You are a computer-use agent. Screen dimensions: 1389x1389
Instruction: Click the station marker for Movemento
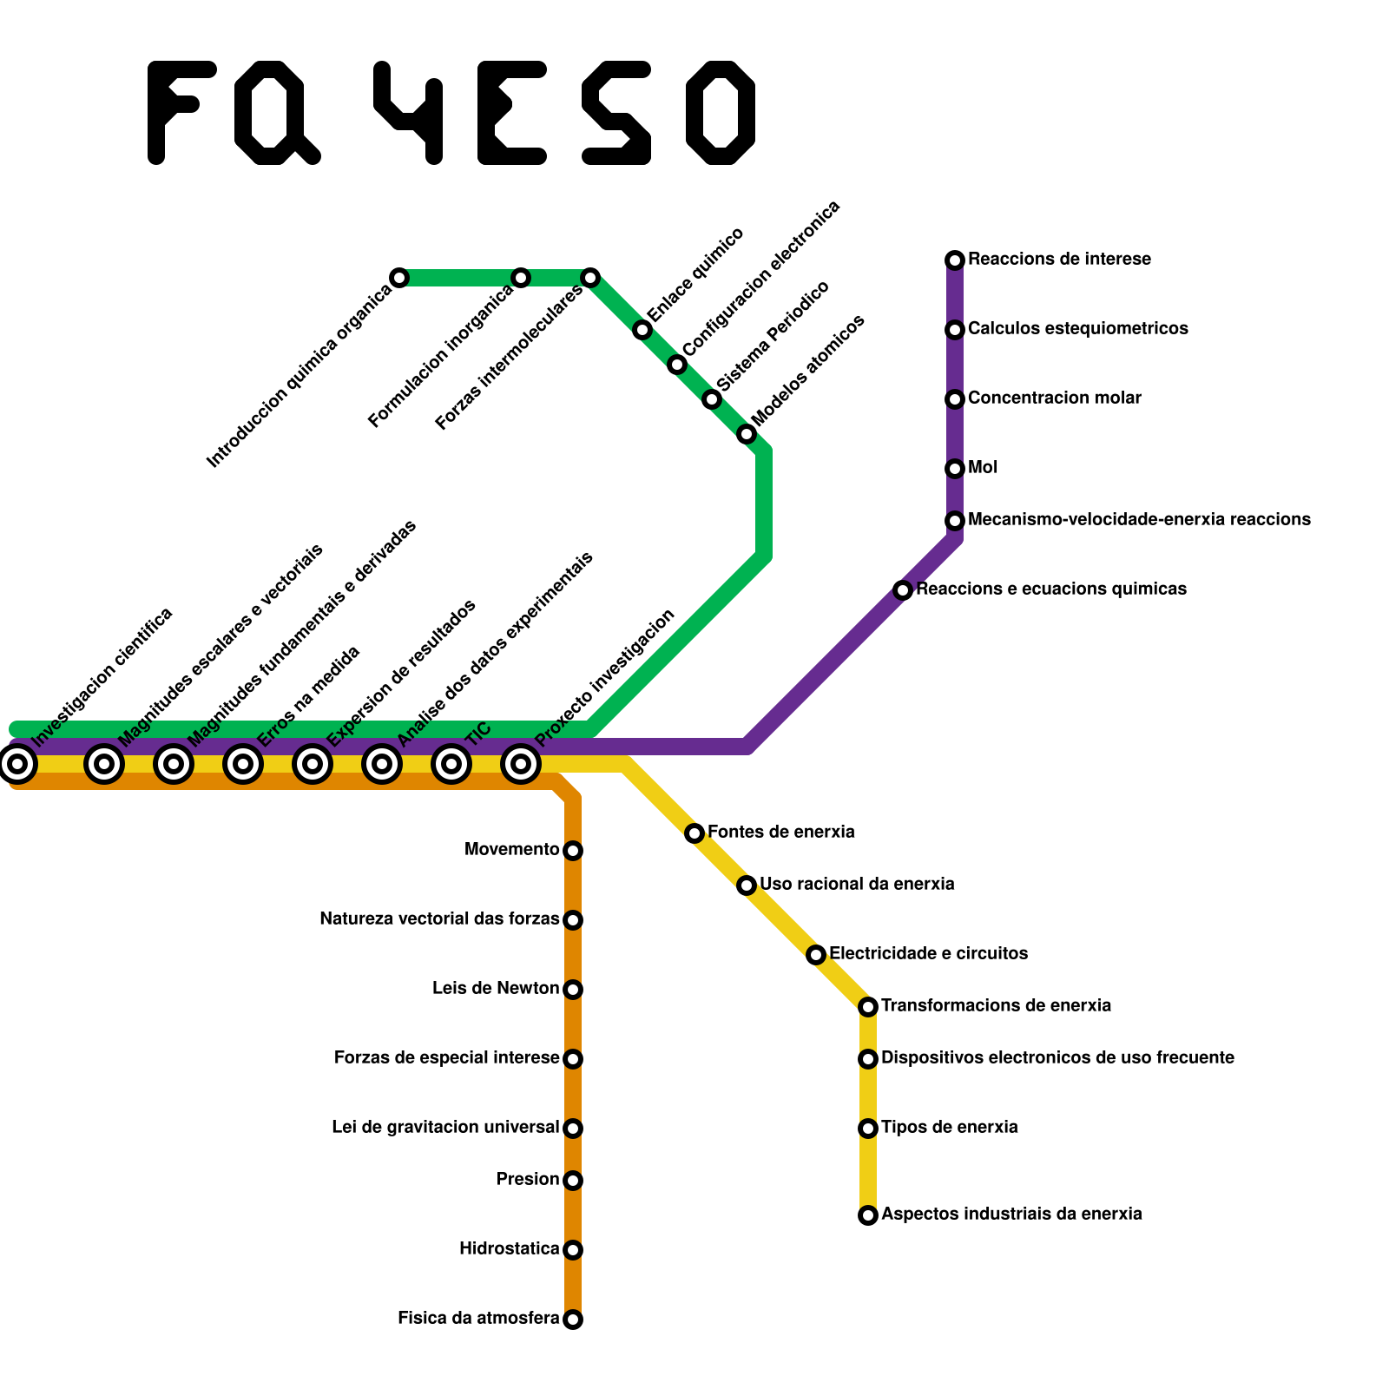click(573, 851)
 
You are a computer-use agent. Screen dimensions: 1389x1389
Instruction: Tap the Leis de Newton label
click(496, 989)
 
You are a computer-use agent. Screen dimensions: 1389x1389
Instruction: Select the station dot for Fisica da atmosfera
click(573, 1320)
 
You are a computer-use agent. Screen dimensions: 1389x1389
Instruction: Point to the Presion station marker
click(573, 1181)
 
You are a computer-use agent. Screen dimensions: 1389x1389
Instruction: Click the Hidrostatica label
click(509, 1249)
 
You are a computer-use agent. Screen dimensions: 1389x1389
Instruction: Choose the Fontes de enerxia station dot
click(694, 833)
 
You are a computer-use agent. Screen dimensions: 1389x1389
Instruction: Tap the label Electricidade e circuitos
click(928, 954)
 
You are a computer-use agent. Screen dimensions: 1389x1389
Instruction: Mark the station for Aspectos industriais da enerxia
click(868, 1215)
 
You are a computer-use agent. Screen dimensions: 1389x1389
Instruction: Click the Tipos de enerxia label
click(949, 1128)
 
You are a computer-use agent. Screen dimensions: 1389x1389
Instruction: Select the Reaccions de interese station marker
click(955, 260)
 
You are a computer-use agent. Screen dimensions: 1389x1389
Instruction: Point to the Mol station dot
click(955, 469)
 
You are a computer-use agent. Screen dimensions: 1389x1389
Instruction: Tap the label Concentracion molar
click(1054, 398)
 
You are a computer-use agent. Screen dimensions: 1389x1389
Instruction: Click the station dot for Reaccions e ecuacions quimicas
click(903, 590)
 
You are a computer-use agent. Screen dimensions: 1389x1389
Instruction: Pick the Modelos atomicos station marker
click(747, 434)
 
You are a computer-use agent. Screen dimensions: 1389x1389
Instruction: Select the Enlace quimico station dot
click(642, 330)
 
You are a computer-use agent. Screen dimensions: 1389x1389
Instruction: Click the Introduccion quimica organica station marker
click(399, 278)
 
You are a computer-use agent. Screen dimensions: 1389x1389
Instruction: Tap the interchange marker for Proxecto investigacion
click(521, 764)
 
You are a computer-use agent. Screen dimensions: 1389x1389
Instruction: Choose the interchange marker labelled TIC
click(451, 764)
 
